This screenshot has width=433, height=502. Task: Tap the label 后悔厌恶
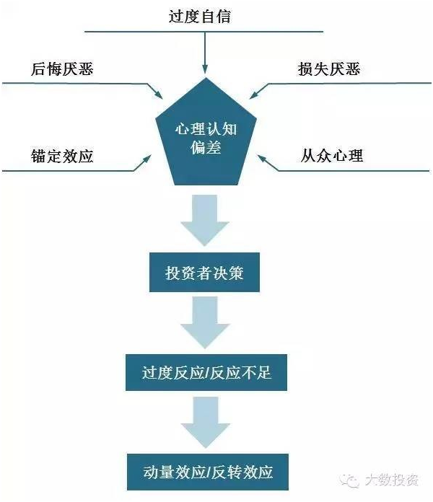[x=62, y=69]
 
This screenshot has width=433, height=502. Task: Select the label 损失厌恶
[x=328, y=69]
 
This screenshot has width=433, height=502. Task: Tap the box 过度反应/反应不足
[x=205, y=373]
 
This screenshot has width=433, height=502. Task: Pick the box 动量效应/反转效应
[x=206, y=472]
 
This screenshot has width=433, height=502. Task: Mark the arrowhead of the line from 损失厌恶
[x=255, y=94]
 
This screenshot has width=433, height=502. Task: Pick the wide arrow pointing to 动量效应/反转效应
[x=205, y=424]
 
